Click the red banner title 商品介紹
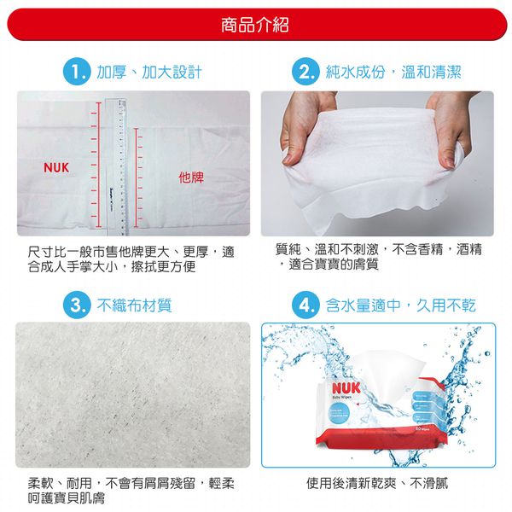255,26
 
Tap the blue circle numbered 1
76,72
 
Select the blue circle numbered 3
76,305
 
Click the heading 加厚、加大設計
149,72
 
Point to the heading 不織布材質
135,305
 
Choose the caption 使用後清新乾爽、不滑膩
376,484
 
